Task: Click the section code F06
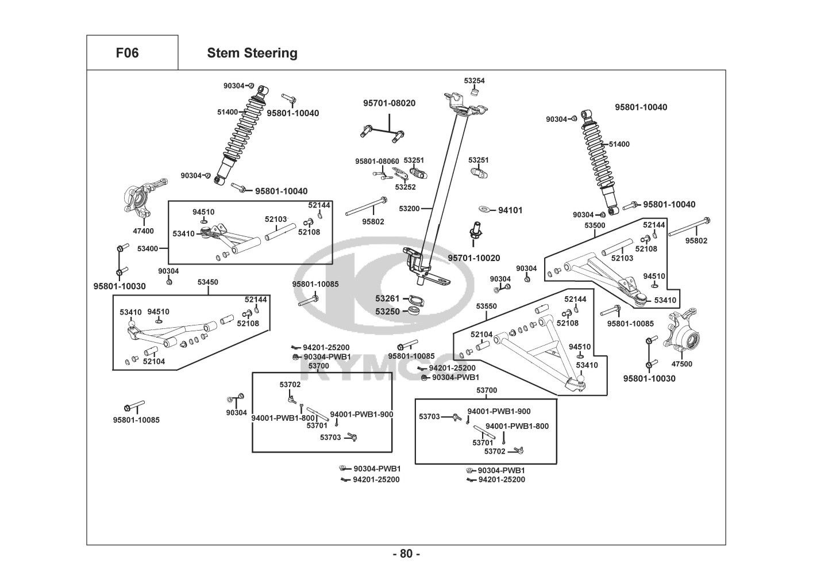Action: [x=127, y=53]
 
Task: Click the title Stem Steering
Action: [x=252, y=53]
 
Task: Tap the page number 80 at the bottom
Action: [x=406, y=554]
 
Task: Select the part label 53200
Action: [x=409, y=208]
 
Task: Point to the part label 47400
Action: [x=143, y=231]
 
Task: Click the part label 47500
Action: [x=681, y=364]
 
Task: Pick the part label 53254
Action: [x=474, y=81]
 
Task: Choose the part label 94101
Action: [x=510, y=210]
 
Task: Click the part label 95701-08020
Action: [x=389, y=103]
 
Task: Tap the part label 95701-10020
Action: [x=474, y=258]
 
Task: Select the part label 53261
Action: [x=387, y=299]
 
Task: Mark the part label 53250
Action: [x=387, y=311]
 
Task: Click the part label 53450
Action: [x=208, y=282]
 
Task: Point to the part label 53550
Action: [x=486, y=306]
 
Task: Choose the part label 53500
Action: [x=595, y=225]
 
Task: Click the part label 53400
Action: [x=148, y=248]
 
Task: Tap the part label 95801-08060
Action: [x=377, y=161]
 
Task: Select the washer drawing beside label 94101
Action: [x=484, y=209]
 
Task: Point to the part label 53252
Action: [x=405, y=187]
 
